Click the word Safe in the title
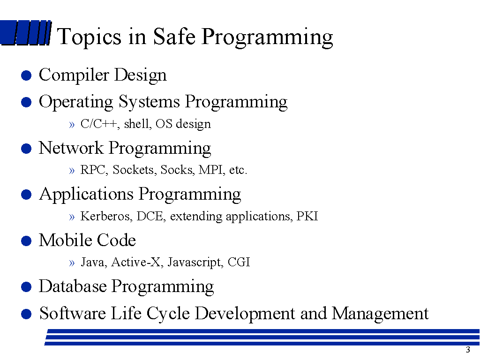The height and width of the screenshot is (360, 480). (174, 36)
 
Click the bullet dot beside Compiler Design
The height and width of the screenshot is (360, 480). (26, 75)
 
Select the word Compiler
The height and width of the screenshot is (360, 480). (74, 75)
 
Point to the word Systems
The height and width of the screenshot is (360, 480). (149, 102)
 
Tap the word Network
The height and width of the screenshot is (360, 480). (71, 148)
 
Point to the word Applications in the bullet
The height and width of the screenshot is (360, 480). (86, 195)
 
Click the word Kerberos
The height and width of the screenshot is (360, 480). (106, 216)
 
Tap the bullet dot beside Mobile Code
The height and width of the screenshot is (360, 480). (26, 240)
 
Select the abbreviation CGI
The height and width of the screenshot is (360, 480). (239, 262)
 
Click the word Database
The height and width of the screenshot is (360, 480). (73, 286)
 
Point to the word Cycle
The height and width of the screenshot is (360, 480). (168, 314)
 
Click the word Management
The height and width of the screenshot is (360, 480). (380, 314)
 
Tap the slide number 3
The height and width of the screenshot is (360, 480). (468, 350)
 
